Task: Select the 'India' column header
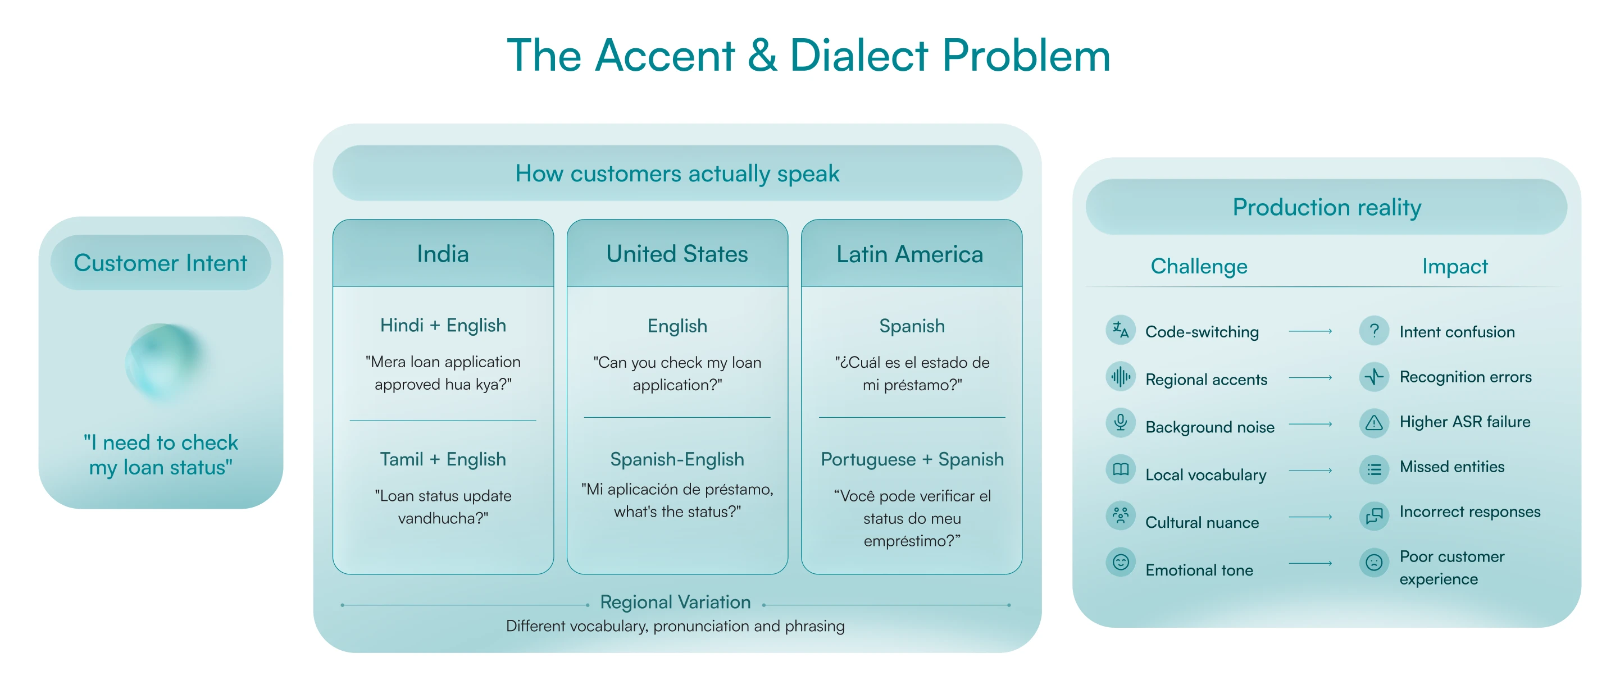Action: tap(443, 254)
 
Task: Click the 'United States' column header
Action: tap(677, 254)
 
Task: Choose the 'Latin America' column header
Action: tap(911, 254)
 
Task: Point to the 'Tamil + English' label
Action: tap(443, 459)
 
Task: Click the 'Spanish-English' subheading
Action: tap(677, 459)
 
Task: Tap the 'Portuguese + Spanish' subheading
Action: tap(912, 459)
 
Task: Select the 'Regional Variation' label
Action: tap(675, 602)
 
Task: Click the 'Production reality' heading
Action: tap(1326, 207)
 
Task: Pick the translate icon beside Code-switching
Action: tap(1121, 330)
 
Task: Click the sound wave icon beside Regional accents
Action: tap(1121, 377)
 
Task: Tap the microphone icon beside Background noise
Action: tap(1121, 422)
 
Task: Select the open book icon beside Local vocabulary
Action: tap(1121, 469)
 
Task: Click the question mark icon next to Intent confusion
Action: tap(1374, 330)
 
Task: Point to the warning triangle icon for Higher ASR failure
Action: tap(1374, 422)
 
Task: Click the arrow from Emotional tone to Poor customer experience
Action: tap(1310, 563)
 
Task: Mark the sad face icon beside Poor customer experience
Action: tap(1374, 562)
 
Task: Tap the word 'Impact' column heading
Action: tap(1455, 267)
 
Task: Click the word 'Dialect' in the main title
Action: tap(858, 56)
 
